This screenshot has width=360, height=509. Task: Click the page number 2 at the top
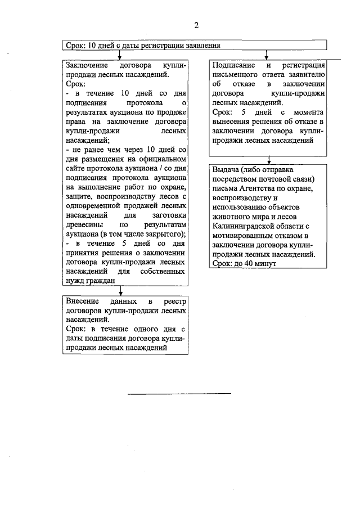[x=196, y=25]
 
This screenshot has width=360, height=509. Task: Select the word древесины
[x=83, y=225]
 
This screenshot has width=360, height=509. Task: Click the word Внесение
[x=84, y=302]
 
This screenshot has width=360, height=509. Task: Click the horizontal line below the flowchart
[x=179, y=393]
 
